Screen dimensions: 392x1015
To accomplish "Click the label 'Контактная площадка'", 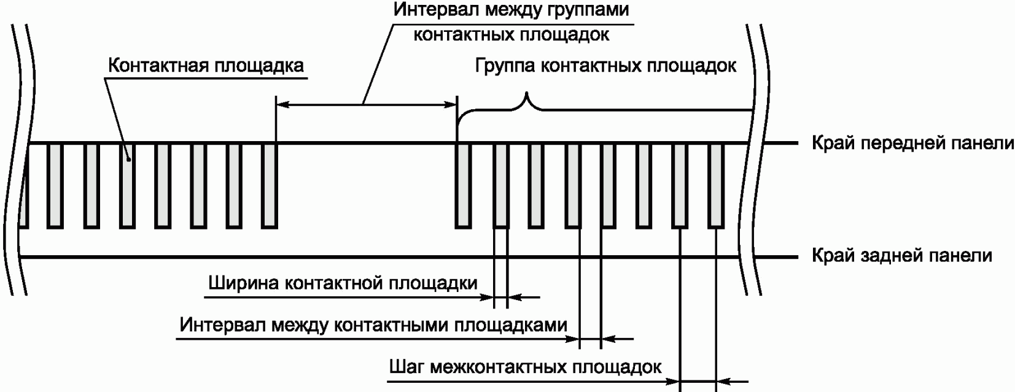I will [x=206, y=66].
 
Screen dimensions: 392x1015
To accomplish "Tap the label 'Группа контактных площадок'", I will [x=605, y=66].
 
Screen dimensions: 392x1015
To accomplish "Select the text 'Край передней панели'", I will [x=912, y=144].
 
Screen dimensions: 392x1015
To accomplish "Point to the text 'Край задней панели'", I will [x=901, y=255].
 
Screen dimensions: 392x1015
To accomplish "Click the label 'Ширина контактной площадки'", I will [x=343, y=283].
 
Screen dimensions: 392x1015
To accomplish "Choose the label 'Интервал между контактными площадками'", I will [x=373, y=325].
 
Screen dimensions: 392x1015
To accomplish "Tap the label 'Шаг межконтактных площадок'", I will [x=525, y=367].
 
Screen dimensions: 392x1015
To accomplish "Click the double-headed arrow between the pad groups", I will [x=366, y=105].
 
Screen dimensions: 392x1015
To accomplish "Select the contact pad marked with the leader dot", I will [x=127, y=185].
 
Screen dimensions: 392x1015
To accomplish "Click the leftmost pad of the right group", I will [x=464, y=185].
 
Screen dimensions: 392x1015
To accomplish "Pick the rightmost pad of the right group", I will [x=715, y=185].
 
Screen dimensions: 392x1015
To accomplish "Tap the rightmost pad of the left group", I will [x=270, y=185].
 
